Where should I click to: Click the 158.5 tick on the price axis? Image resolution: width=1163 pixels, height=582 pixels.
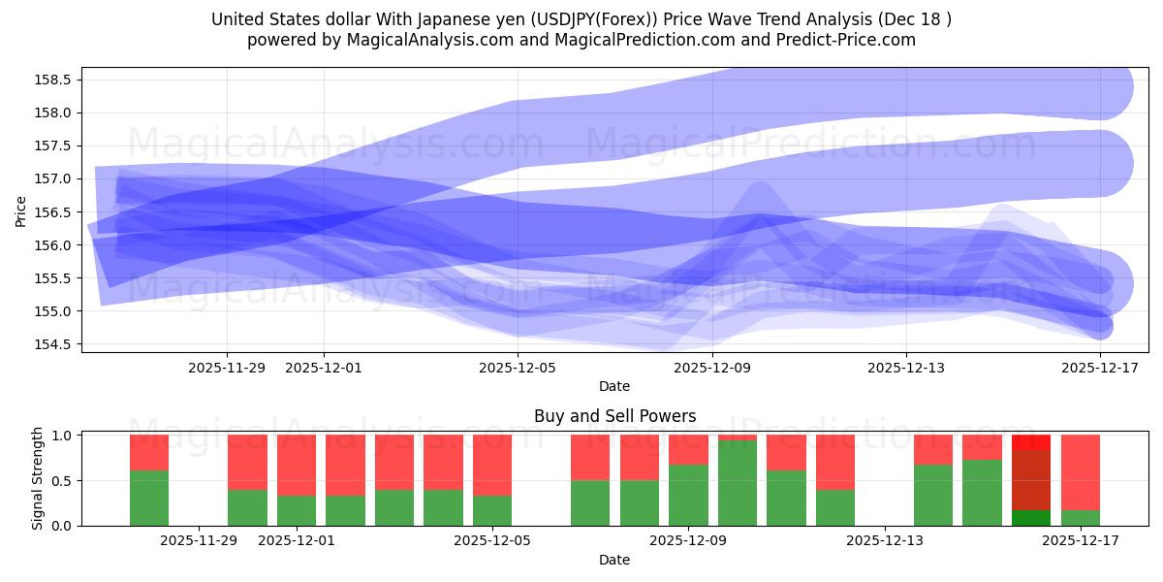(56, 80)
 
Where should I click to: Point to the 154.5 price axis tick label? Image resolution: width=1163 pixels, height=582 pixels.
(56, 344)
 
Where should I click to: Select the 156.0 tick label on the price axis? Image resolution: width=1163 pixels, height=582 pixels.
(56, 245)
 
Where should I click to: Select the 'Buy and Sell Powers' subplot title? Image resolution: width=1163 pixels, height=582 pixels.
(614, 416)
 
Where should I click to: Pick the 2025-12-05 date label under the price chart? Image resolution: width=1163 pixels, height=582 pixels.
(518, 368)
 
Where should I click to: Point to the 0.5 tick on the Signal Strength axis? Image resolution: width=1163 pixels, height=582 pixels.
(60, 481)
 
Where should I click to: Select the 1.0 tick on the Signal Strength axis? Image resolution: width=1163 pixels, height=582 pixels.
(60, 436)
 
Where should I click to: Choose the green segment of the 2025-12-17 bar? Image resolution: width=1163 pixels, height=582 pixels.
(1080, 518)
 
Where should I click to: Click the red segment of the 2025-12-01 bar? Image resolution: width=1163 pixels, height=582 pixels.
(297, 465)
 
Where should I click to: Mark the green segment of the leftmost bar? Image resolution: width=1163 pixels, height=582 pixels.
(149, 498)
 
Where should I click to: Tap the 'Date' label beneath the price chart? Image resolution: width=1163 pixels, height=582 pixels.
(614, 386)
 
